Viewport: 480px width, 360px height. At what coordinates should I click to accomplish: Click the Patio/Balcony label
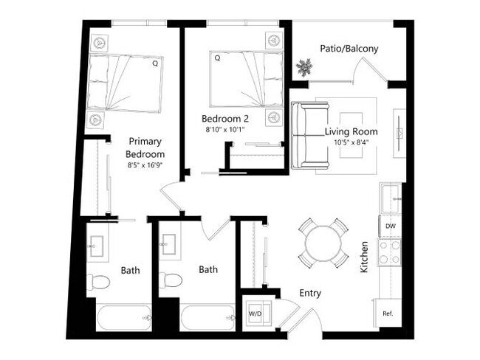pos(349,49)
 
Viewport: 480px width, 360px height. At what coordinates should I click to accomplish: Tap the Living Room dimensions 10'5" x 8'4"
pos(351,143)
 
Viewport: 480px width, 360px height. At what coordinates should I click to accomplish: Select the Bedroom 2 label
pos(224,118)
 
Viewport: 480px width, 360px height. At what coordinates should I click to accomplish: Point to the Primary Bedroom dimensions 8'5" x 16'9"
pos(144,165)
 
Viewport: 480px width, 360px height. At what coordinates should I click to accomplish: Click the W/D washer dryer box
pos(256,314)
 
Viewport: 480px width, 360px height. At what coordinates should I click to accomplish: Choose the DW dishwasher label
pos(390,226)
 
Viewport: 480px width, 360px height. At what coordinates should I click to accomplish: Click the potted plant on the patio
pos(304,68)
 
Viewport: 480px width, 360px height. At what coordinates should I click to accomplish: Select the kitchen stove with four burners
pos(389,252)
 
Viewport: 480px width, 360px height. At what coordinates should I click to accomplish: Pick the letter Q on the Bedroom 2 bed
pos(217,57)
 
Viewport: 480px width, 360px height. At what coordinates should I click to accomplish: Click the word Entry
pos(310,293)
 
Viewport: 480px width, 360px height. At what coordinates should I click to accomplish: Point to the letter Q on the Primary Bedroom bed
pos(155,64)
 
